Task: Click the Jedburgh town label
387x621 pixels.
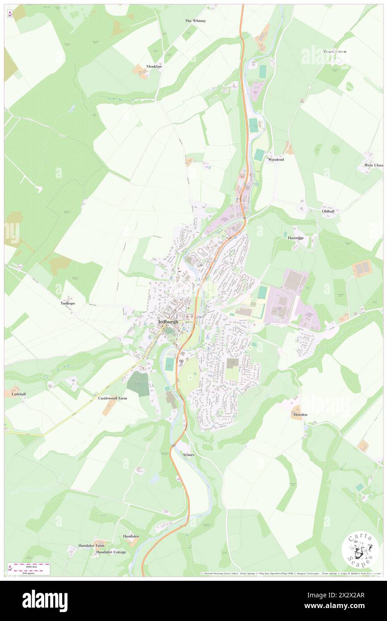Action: [x=168, y=322]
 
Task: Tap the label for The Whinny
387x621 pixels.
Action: [x=195, y=21]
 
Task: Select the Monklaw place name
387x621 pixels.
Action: [x=154, y=67]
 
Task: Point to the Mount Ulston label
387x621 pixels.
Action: [x=336, y=52]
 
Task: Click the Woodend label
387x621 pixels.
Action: [x=276, y=159]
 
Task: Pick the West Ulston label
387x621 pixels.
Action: [x=374, y=165]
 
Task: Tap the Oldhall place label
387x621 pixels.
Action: [x=328, y=210]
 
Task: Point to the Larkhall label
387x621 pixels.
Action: [x=16, y=394]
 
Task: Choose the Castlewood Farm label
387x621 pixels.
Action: [x=113, y=398]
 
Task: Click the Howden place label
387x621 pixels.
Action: [x=300, y=415]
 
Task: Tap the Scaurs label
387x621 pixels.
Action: [x=189, y=454]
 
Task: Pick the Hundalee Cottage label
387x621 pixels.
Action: [x=111, y=552]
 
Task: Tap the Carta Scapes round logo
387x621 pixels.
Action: [x=360, y=550]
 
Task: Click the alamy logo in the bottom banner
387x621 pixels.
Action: [x=45, y=601]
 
